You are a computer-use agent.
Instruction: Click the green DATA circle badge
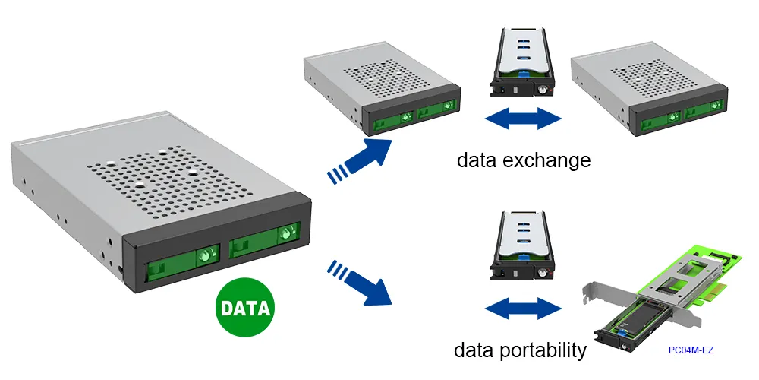pos(245,309)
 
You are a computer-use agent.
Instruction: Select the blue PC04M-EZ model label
pos(691,350)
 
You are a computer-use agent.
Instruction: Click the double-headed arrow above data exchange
pos(523,119)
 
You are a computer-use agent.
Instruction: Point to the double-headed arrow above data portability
pos(523,309)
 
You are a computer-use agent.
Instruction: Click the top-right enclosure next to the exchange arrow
pos(644,91)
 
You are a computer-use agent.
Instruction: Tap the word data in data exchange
pos(481,160)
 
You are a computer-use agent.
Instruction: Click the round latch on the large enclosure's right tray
pos(286,233)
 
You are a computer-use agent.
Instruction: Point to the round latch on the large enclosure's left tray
pos(204,257)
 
